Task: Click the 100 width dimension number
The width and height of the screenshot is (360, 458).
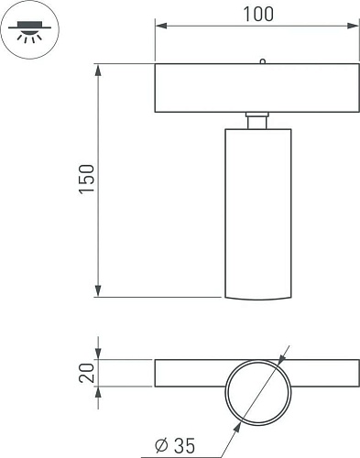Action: (258, 15)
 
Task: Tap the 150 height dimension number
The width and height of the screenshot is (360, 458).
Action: (87, 179)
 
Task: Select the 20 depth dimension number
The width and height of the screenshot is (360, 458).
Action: (87, 373)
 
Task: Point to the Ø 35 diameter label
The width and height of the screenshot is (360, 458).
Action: (175, 445)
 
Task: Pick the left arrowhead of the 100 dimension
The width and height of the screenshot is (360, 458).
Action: (161, 26)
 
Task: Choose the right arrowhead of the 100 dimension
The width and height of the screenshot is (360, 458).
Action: (353, 26)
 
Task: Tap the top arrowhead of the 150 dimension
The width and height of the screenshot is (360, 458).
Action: (98, 71)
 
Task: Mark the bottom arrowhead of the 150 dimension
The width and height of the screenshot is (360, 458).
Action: (98, 290)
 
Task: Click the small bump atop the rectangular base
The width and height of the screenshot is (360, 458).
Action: (262, 61)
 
